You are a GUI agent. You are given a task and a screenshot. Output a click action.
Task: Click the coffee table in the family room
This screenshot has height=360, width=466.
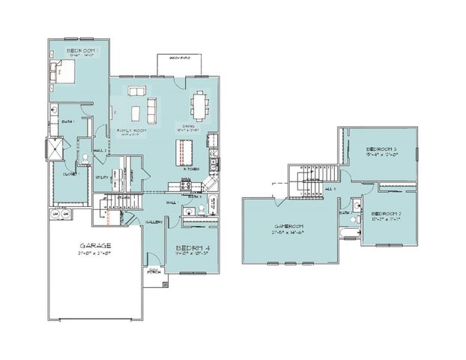[136, 112]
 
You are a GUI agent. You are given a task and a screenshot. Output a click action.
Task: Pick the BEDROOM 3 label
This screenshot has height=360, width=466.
[381, 151]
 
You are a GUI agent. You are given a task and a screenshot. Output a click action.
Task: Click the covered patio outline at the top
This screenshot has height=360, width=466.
[181, 64]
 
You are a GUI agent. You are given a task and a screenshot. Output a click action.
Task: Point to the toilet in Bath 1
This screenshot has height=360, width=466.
[55, 109]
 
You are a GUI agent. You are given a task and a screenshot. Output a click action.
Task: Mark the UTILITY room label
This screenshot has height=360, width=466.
[104, 177]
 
